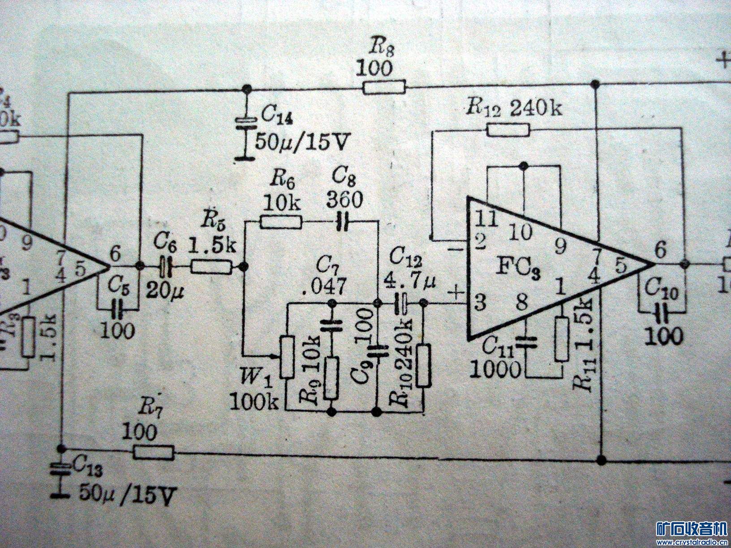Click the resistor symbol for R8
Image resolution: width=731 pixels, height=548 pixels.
384,87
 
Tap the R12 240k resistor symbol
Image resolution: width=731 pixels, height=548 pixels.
508,130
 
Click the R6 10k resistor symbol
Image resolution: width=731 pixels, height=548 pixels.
281,222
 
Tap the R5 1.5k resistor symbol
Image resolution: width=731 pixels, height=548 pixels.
211,268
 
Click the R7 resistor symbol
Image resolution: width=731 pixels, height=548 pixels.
154,453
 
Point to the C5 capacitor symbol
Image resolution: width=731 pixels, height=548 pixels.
118,308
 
